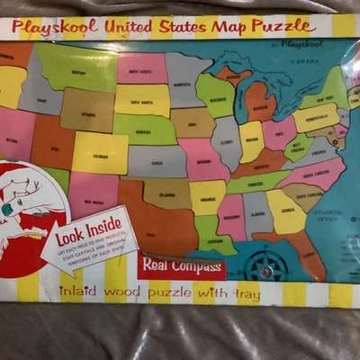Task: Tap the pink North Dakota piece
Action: pyautogui.click(x=140, y=68)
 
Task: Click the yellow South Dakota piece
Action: pyautogui.click(x=142, y=100)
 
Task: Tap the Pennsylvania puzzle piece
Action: pyautogui.click(x=315, y=118)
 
